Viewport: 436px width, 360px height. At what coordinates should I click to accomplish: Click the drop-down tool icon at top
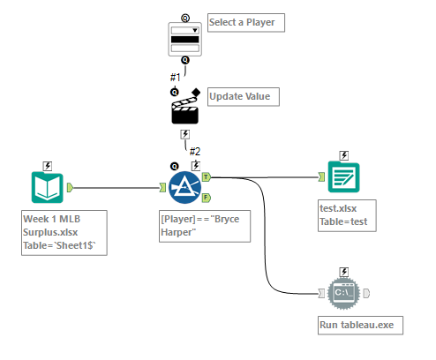point(184,38)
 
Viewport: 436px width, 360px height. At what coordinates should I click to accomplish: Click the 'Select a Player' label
point(246,22)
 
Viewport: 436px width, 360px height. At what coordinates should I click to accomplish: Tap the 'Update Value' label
point(244,96)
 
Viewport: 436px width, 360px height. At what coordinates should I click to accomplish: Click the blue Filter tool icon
point(184,185)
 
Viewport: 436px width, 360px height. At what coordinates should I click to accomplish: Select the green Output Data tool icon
point(342,176)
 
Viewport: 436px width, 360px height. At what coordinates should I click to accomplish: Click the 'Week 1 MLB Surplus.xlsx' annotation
point(64,233)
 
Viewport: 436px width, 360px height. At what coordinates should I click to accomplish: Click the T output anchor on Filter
point(207,176)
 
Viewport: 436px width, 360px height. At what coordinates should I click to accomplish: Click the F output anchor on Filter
point(207,196)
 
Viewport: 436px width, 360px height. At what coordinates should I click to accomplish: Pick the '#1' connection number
point(175,78)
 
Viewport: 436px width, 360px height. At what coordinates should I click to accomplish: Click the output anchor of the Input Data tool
point(70,187)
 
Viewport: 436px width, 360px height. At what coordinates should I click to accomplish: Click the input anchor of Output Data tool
point(322,177)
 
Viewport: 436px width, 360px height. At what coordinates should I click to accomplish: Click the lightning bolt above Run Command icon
point(342,271)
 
